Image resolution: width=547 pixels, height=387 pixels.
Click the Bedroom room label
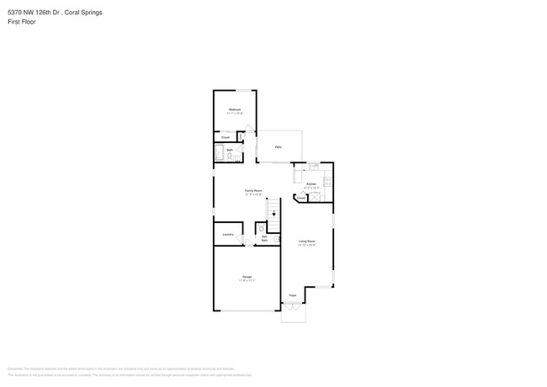point(235,110)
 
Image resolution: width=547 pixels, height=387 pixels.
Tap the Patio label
point(278,147)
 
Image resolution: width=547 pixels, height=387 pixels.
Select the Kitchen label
point(311,183)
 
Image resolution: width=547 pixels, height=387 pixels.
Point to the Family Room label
point(253,191)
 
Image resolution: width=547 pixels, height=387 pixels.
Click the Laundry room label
point(227,235)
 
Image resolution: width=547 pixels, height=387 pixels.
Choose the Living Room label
point(306,242)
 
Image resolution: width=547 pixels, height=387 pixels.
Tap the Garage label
point(247,276)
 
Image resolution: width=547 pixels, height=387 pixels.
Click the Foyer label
point(293,295)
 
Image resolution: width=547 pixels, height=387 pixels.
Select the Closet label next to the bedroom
point(226,136)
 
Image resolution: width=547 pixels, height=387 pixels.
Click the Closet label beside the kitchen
point(300,199)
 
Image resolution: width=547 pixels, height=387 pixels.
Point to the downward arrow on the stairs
point(273,214)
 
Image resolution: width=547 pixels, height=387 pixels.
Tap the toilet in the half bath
point(262,228)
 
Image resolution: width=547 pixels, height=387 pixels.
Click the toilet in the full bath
point(235,156)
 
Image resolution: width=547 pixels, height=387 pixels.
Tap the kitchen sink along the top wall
point(312,166)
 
